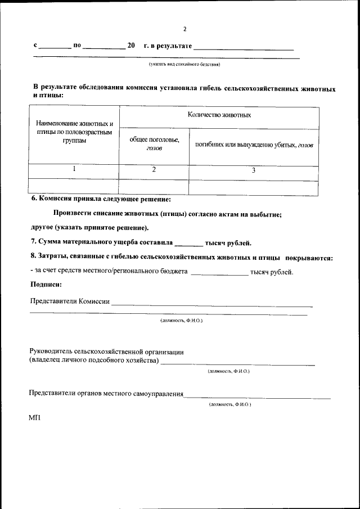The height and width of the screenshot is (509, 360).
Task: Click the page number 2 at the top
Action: point(184,29)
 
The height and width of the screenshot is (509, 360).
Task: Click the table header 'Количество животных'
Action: point(219,115)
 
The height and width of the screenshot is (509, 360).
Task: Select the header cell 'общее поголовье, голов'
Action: point(154,144)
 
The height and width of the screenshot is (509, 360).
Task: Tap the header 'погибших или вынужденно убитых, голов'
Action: point(254,145)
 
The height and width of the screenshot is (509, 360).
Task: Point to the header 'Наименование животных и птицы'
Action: point(75,132)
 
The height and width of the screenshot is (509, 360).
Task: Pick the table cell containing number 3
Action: point(253,170)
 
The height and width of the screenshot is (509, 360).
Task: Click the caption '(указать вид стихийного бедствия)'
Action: point(184,64)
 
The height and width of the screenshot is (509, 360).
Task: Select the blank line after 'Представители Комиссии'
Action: point(211,305)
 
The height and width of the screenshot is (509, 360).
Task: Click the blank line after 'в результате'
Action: point(244,49)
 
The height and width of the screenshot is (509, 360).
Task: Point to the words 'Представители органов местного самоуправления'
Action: point(107,394)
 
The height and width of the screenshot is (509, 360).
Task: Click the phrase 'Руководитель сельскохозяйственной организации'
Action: point(106,352)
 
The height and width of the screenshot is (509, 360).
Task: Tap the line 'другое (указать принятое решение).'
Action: point(90,228)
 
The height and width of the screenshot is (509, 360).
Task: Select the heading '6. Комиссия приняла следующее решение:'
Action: point(101,199)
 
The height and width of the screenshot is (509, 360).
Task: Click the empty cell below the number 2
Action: point(154,186)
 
